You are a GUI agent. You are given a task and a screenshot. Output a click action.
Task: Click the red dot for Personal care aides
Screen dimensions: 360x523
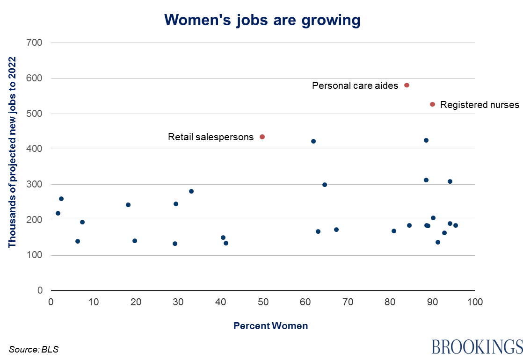click(407, 85)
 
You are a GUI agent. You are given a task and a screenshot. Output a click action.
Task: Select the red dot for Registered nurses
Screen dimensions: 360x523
click(433, 104)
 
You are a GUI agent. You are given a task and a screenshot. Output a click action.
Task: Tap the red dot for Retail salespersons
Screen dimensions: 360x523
click(262, 137)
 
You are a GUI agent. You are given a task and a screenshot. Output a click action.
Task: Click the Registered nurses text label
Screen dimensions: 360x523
click(479, 105)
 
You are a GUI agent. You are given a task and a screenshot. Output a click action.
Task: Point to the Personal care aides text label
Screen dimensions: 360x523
click(355, 86)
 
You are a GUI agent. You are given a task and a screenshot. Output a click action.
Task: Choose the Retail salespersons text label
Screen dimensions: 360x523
click(211, 137)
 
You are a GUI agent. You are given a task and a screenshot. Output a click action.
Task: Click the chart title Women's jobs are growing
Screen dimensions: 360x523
click(262, 19)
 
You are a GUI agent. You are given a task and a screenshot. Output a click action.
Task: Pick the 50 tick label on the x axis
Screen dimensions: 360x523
click(263, 302)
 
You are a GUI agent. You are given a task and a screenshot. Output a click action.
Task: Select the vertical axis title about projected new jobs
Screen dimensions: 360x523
click(13, 152)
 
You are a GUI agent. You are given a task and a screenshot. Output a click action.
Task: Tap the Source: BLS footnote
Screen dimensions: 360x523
click(34, 349)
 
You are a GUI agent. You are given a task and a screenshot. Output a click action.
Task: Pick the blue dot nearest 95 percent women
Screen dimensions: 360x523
click(456, 225)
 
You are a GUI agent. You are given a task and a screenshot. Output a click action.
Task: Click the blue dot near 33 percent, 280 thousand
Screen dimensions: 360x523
click(191, 191)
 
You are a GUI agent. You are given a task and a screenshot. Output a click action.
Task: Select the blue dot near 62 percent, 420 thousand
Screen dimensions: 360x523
click(313, 141)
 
